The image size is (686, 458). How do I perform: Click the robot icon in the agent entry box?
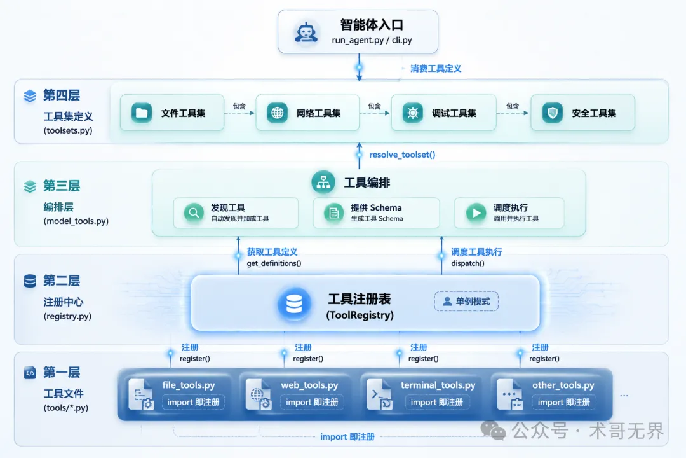[306, 32]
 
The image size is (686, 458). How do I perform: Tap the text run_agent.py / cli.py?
[372, 40]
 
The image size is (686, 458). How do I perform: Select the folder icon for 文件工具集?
[141, 113]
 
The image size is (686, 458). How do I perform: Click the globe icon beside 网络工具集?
[277, 113]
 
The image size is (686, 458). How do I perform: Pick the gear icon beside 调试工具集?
[413, 113]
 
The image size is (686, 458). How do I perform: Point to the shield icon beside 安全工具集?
[553, 113]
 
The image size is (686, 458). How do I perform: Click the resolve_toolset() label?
[402, 155]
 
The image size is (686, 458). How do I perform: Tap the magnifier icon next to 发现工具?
[193, 213]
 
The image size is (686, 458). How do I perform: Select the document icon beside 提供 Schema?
[333, 213]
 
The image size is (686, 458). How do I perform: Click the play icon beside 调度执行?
[476, 213]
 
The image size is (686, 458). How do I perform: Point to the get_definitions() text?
[274, 263]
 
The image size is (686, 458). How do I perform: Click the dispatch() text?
[467, 263]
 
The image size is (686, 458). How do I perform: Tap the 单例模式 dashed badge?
[466, 301]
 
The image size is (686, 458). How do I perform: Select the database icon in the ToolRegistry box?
[294, 303]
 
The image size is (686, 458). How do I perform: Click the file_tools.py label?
[189, 385]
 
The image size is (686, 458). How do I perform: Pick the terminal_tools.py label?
[438, 385]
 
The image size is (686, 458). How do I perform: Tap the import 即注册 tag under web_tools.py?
[312, 402]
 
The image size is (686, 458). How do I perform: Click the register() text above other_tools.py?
[544, 359]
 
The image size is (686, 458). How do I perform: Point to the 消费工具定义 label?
[436, 68]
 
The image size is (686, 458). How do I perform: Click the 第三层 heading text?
[62, 186]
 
